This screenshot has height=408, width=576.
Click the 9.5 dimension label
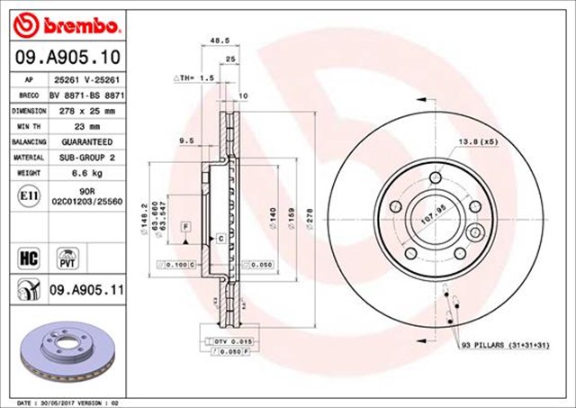point(186,141)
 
